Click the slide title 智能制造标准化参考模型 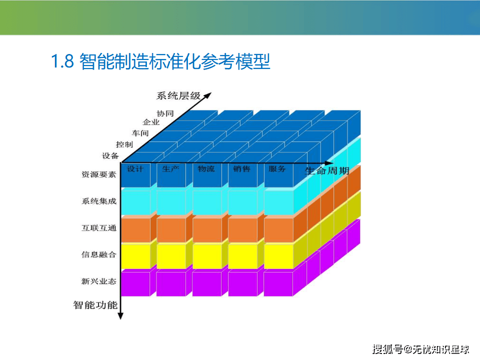pos(175,61)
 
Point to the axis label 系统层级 pos(178,96)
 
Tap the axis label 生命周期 pos(327,170)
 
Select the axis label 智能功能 pos(95,305)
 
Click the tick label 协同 pos(165,113)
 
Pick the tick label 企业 pos(151,122)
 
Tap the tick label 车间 pos(140,133)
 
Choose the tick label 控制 pos(124,144)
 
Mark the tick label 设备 pos(110,156)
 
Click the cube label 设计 pos(135,168)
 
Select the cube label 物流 pos(206,168)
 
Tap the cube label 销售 pos(241,168)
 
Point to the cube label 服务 pos(277,168)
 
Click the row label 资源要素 pos(99,174)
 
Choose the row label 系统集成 pos(99,201)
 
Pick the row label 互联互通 pos(99,228)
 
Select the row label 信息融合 pos(99,254)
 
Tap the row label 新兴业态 pos(99,281)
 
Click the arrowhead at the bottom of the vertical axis pos(120,316)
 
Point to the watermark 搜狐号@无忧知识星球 pos(421,349)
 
